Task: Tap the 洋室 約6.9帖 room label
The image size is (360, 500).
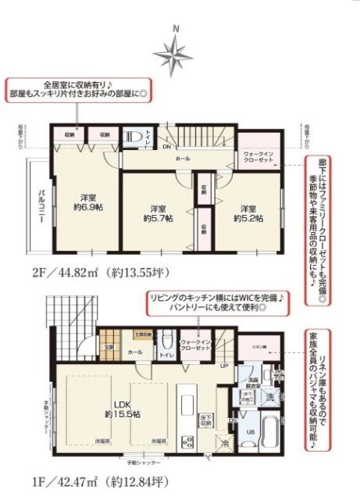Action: pos(91,200)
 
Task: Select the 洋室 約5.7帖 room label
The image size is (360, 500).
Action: pos(158,213)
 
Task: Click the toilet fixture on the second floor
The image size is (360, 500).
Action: pos(132,141)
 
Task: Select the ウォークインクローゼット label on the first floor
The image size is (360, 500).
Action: pos(195,345)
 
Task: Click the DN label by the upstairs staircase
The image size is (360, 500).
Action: pos(166,146)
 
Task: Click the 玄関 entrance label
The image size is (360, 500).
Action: pos(110,347)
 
